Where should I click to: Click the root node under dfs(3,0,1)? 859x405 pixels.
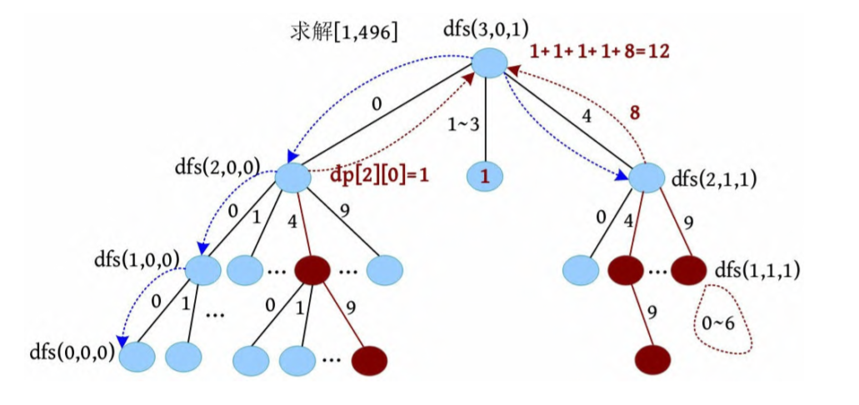pos(489,63)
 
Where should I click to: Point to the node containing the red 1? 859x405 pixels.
pos(484,177)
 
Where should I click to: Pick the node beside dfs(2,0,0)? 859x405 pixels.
pos(292,177)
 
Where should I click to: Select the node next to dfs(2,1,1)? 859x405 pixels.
pos(647,177)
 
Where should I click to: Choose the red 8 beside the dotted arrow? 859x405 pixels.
pos(634,113)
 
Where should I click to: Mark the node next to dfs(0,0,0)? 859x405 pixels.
pos(137,357)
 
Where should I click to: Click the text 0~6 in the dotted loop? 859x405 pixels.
pos(717,322)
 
